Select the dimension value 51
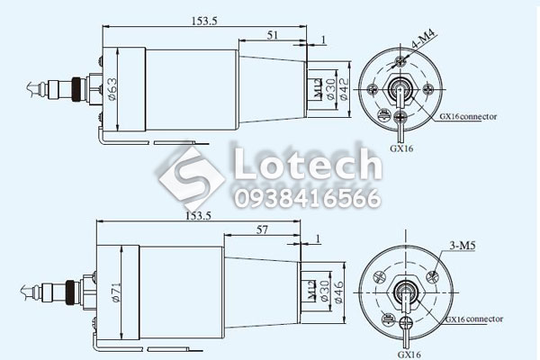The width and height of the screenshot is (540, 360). click(273, 35)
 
